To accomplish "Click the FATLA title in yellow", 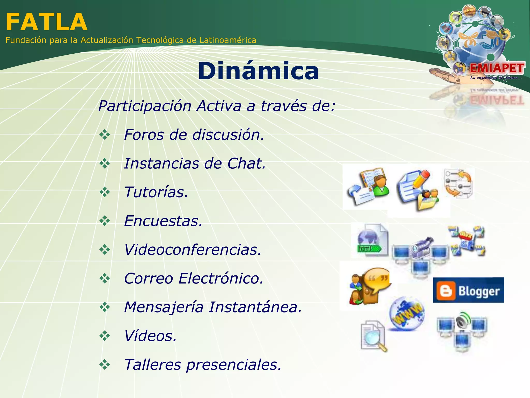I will tap(47, 22).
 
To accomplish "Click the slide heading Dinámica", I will tap(258, 71).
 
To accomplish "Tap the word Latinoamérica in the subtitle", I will tap(228, 40).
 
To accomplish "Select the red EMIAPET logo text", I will tap(497, 68).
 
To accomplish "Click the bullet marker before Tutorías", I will tap(105, 192).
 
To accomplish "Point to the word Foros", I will tap(144, 135).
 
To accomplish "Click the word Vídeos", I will tap(150, 336).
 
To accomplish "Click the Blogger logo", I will tap(468, 290).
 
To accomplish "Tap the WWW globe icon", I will tap(407, 314).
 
